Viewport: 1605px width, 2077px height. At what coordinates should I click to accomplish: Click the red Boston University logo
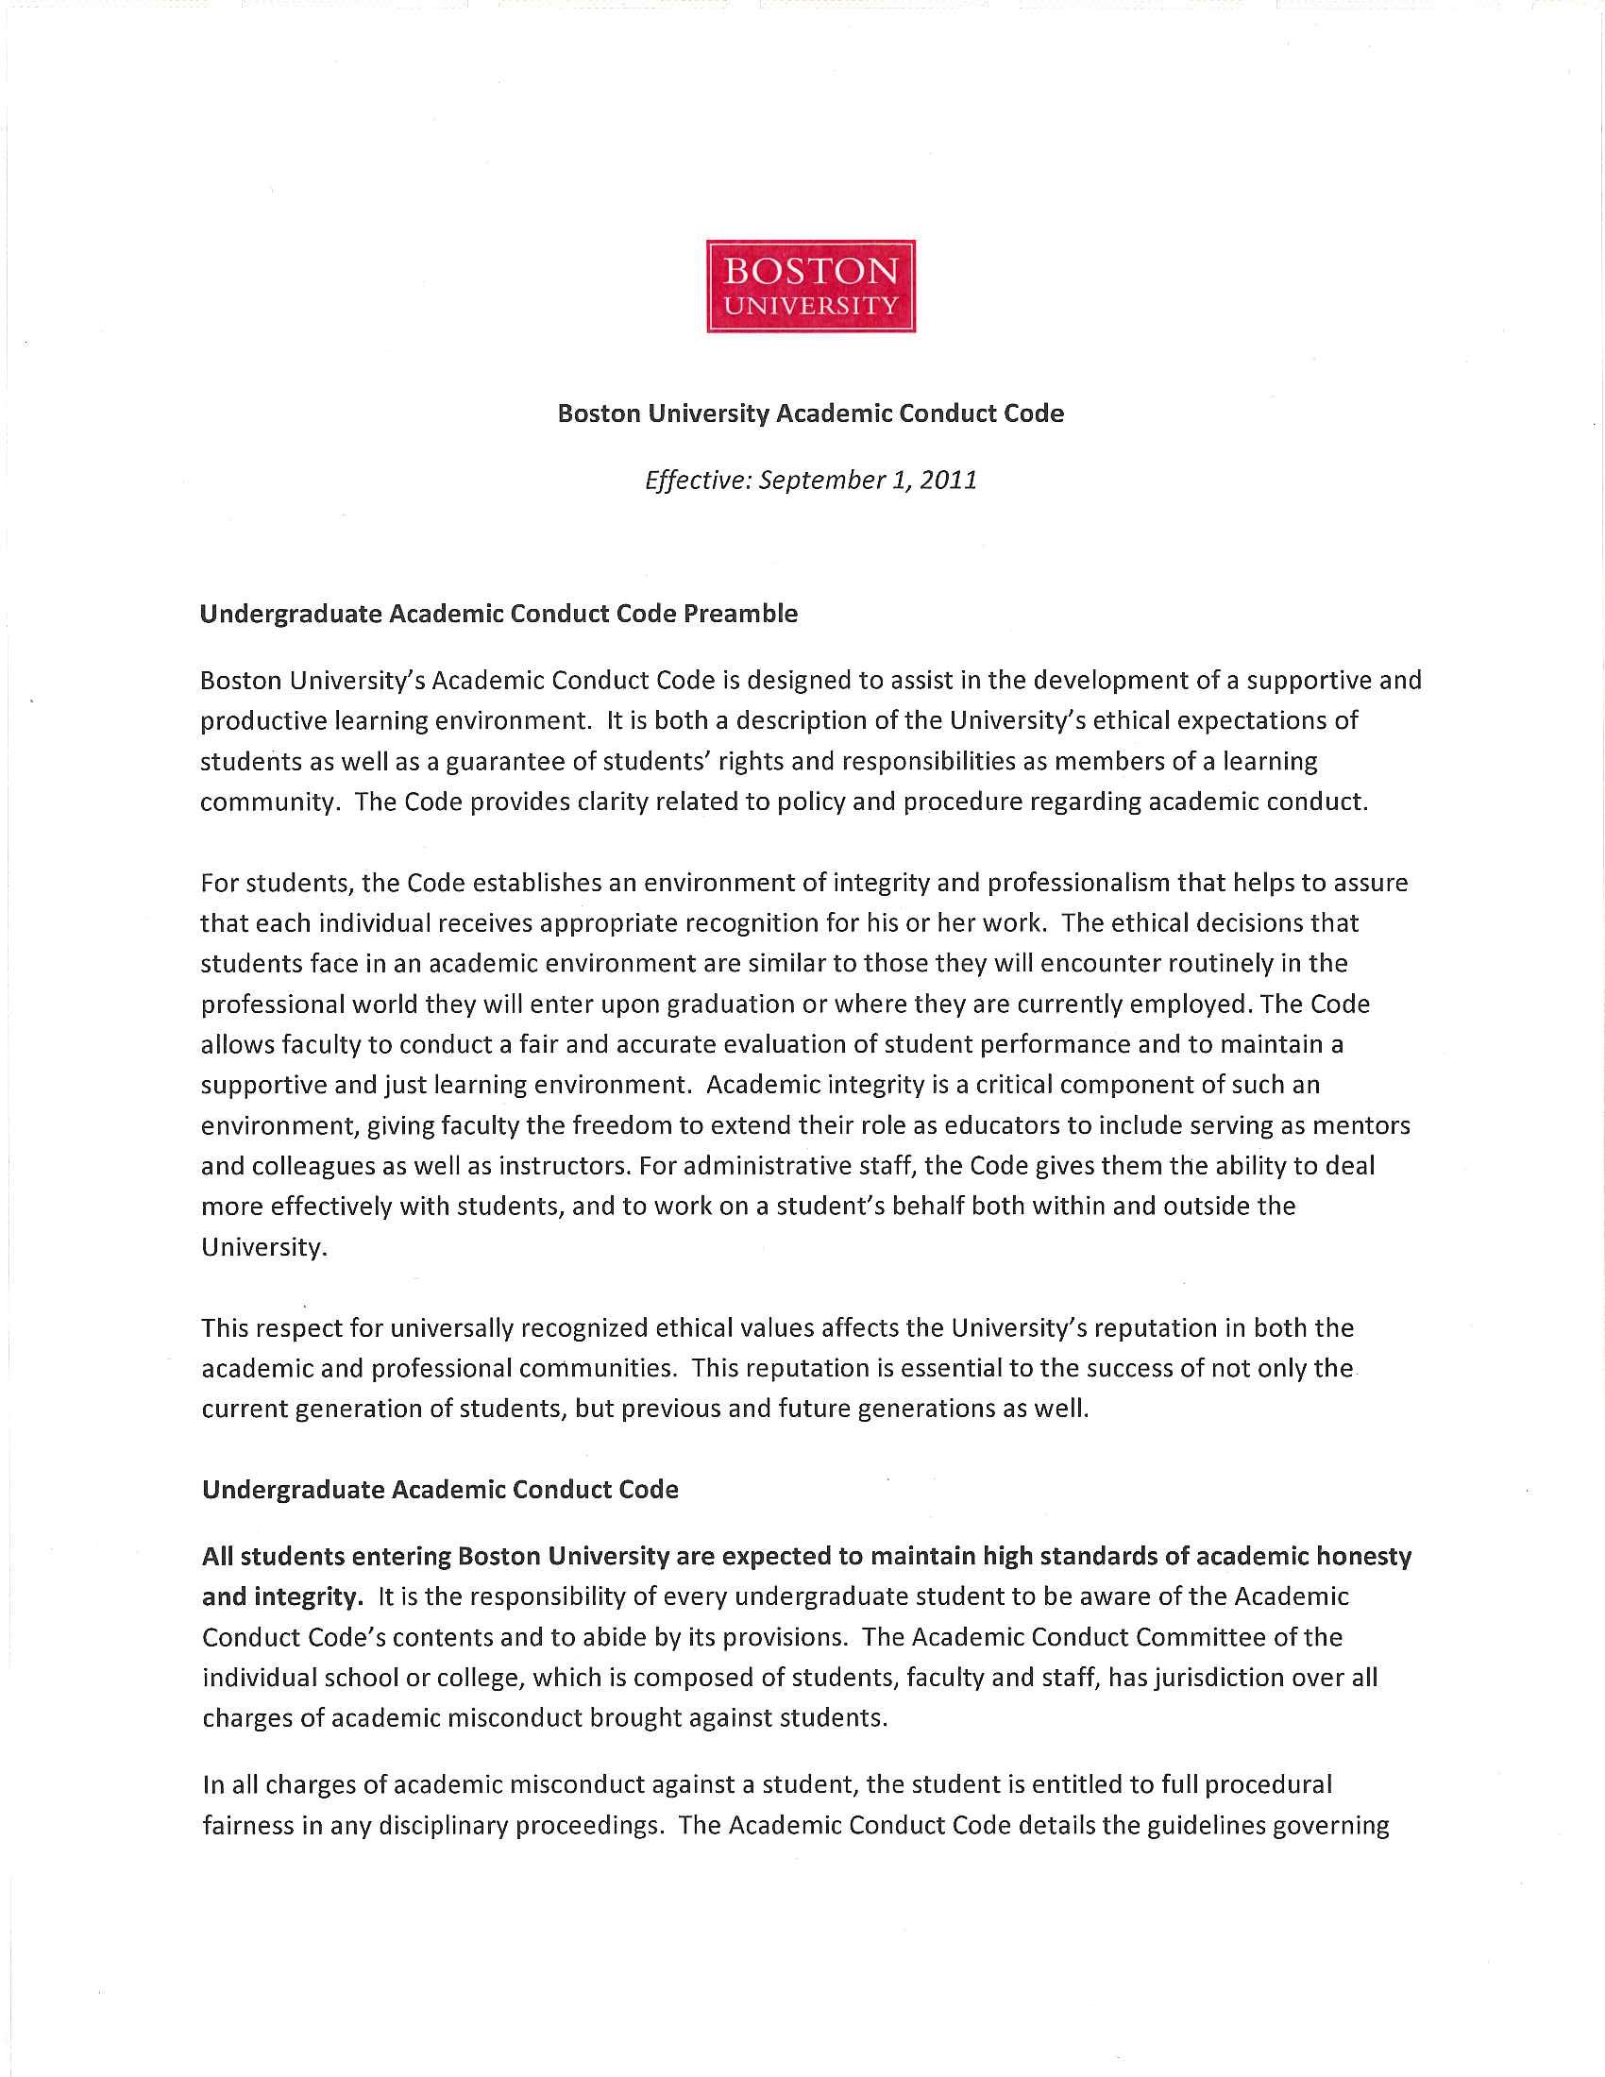810,285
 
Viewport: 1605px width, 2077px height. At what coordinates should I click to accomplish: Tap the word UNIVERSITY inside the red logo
810,306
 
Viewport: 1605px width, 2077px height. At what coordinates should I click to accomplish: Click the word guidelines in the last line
1199,1826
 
